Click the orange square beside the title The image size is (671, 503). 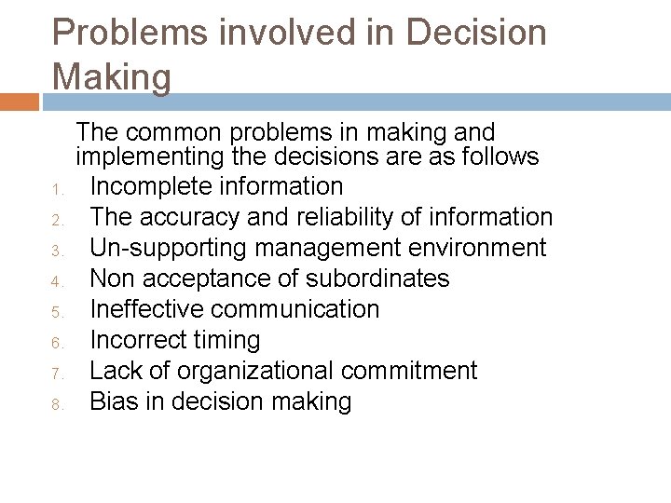coord(20,102)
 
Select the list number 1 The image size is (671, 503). coord(56,191)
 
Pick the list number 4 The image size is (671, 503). coord(56,281)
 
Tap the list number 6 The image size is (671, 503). coord(56,344)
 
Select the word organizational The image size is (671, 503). coord(256,371)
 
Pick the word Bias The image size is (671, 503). coord(112,401)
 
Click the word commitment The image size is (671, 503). coord(409,371)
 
